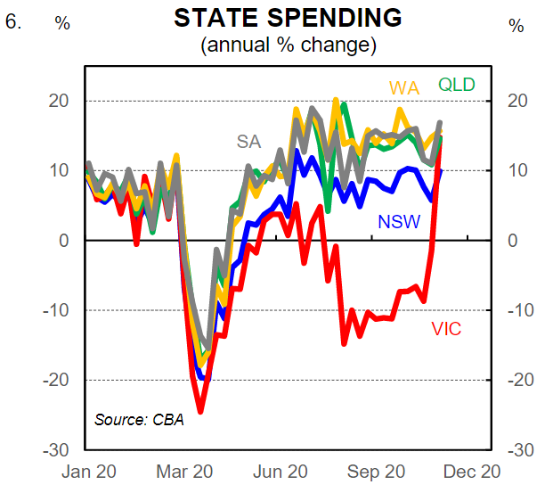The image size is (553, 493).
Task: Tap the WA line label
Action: point(403,88)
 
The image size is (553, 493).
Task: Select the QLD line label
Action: point(456,86)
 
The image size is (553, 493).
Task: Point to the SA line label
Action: point(249,141)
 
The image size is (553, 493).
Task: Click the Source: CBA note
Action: point(139,419)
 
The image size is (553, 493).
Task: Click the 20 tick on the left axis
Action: point(59,101)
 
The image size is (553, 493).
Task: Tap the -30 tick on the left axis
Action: point(56,449)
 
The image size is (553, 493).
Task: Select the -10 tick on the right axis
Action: point(519,310)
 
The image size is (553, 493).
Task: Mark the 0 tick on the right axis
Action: point(512,241)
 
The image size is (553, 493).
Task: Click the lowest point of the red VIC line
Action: point(201,411)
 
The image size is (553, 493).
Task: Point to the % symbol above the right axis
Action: point(516,24)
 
